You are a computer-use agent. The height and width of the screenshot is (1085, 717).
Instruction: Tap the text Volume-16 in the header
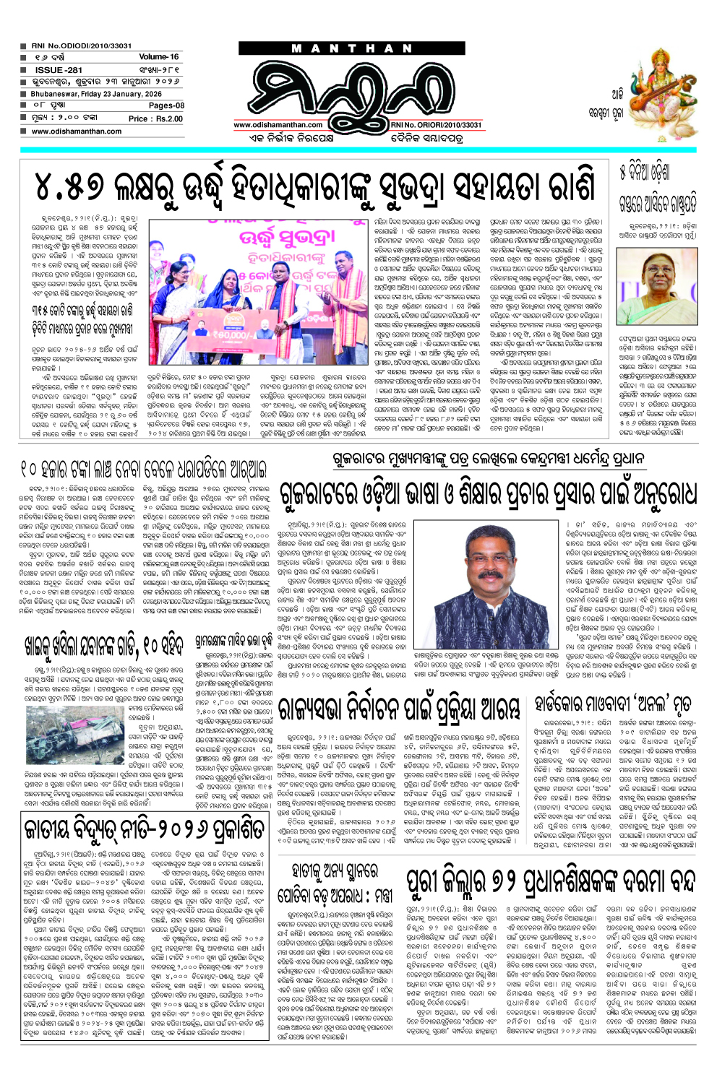(x=158, y=56)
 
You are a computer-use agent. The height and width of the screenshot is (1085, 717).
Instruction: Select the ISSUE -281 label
(x=59, y=70)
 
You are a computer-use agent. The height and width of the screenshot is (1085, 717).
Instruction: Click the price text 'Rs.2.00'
(x=169, y=118)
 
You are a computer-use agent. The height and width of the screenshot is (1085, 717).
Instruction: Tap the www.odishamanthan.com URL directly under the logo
(x=278, y=125)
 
